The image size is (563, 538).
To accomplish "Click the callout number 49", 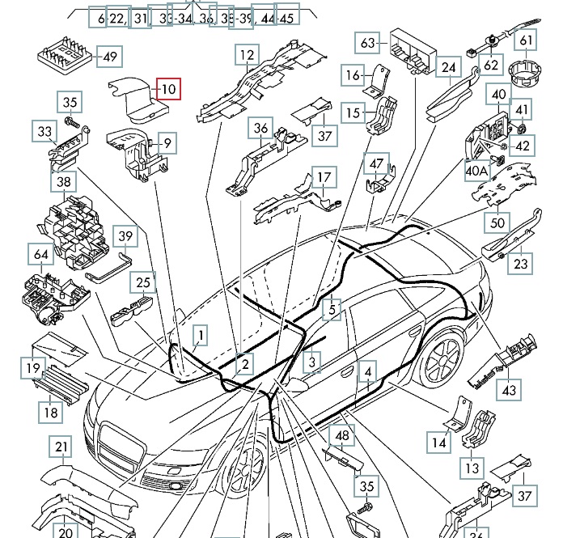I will (x=108, y=56).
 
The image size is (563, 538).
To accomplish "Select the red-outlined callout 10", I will (x=167, y=88).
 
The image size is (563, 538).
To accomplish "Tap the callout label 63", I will (x=368, y=42).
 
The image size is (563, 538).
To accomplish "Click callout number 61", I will (x=527, y=40).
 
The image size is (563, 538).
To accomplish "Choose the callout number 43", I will (x=508, y=391).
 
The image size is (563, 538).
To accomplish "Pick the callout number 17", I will (x=324, y=177).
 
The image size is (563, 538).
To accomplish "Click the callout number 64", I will (x=41, y=256).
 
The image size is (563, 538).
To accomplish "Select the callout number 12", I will (x=247, y=55).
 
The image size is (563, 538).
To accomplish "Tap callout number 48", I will (x=343, y=435).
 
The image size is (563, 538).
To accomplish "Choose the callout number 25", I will (x=143, y=282).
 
